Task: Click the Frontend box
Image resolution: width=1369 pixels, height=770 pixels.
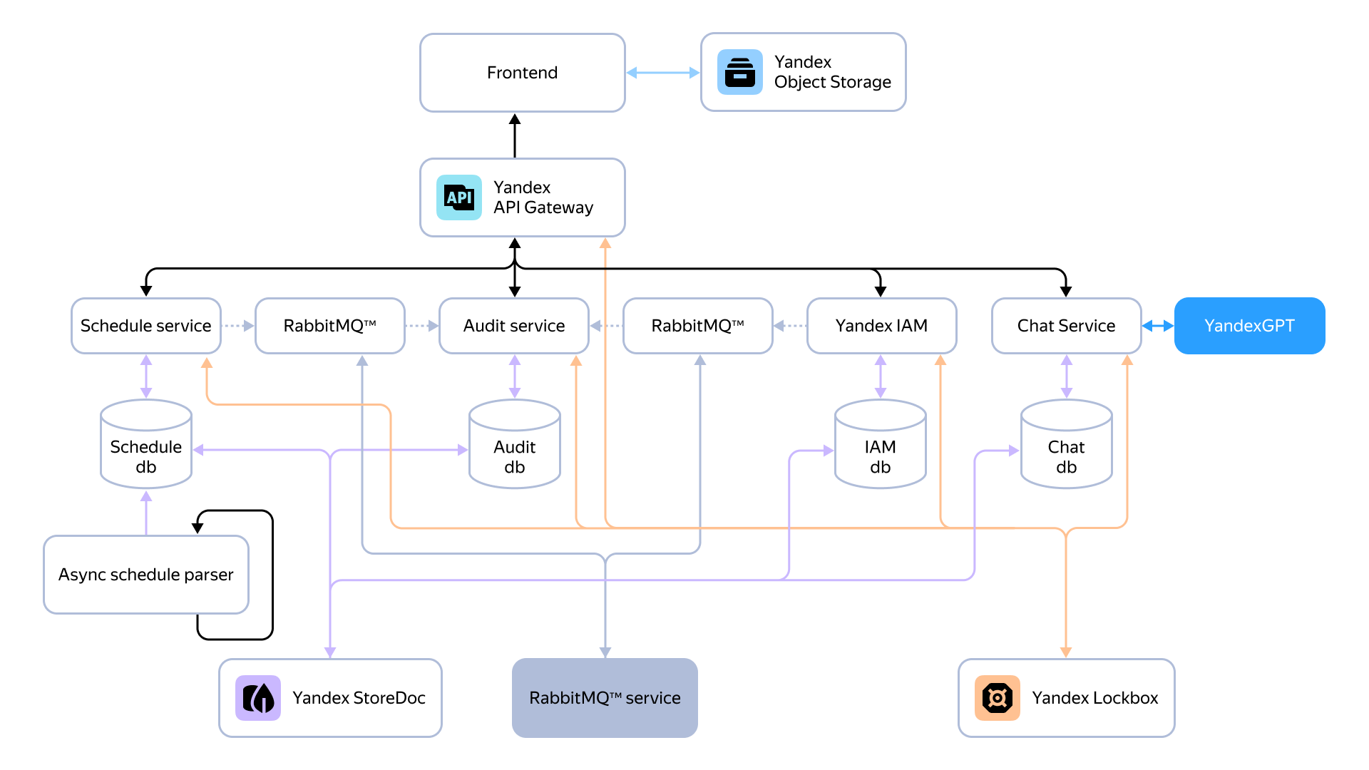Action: coord(523,73)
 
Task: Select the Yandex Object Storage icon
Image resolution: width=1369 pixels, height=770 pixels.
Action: coord(740,72)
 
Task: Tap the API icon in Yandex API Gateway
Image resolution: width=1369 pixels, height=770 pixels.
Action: coord(459,197)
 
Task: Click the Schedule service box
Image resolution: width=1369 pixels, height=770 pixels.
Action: coord(146,326)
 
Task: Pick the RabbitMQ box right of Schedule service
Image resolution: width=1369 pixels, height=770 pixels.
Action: coord(330,326)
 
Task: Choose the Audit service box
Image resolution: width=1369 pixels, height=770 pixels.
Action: coord(514,326)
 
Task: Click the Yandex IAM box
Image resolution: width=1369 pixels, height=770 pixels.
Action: coord(882,326)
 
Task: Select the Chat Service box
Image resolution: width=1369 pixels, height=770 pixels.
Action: coord(1067,326)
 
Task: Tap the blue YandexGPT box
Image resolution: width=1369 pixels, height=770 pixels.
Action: coord(1250,326)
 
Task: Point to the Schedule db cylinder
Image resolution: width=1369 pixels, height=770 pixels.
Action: coord(146,444)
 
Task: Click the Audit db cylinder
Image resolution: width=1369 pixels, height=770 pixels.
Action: coord(515,444)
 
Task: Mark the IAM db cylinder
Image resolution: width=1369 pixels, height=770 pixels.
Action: coord(881,444)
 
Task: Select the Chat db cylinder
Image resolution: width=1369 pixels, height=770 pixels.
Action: coord(1067,444)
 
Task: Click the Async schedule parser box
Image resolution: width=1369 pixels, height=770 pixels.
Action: coord(146,575)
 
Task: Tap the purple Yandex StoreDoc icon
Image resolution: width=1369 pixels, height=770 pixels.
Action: coord(258,698)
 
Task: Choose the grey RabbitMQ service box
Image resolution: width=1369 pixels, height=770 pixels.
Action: coord(605,698)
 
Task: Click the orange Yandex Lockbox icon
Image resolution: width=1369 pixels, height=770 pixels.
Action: coord(998,698)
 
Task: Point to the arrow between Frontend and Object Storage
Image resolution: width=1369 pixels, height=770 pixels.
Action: coord(663,73)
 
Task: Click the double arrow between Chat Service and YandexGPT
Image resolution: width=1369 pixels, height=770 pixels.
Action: coord(1158,326)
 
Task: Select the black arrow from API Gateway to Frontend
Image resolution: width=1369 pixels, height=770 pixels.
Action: coord(515,135)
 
